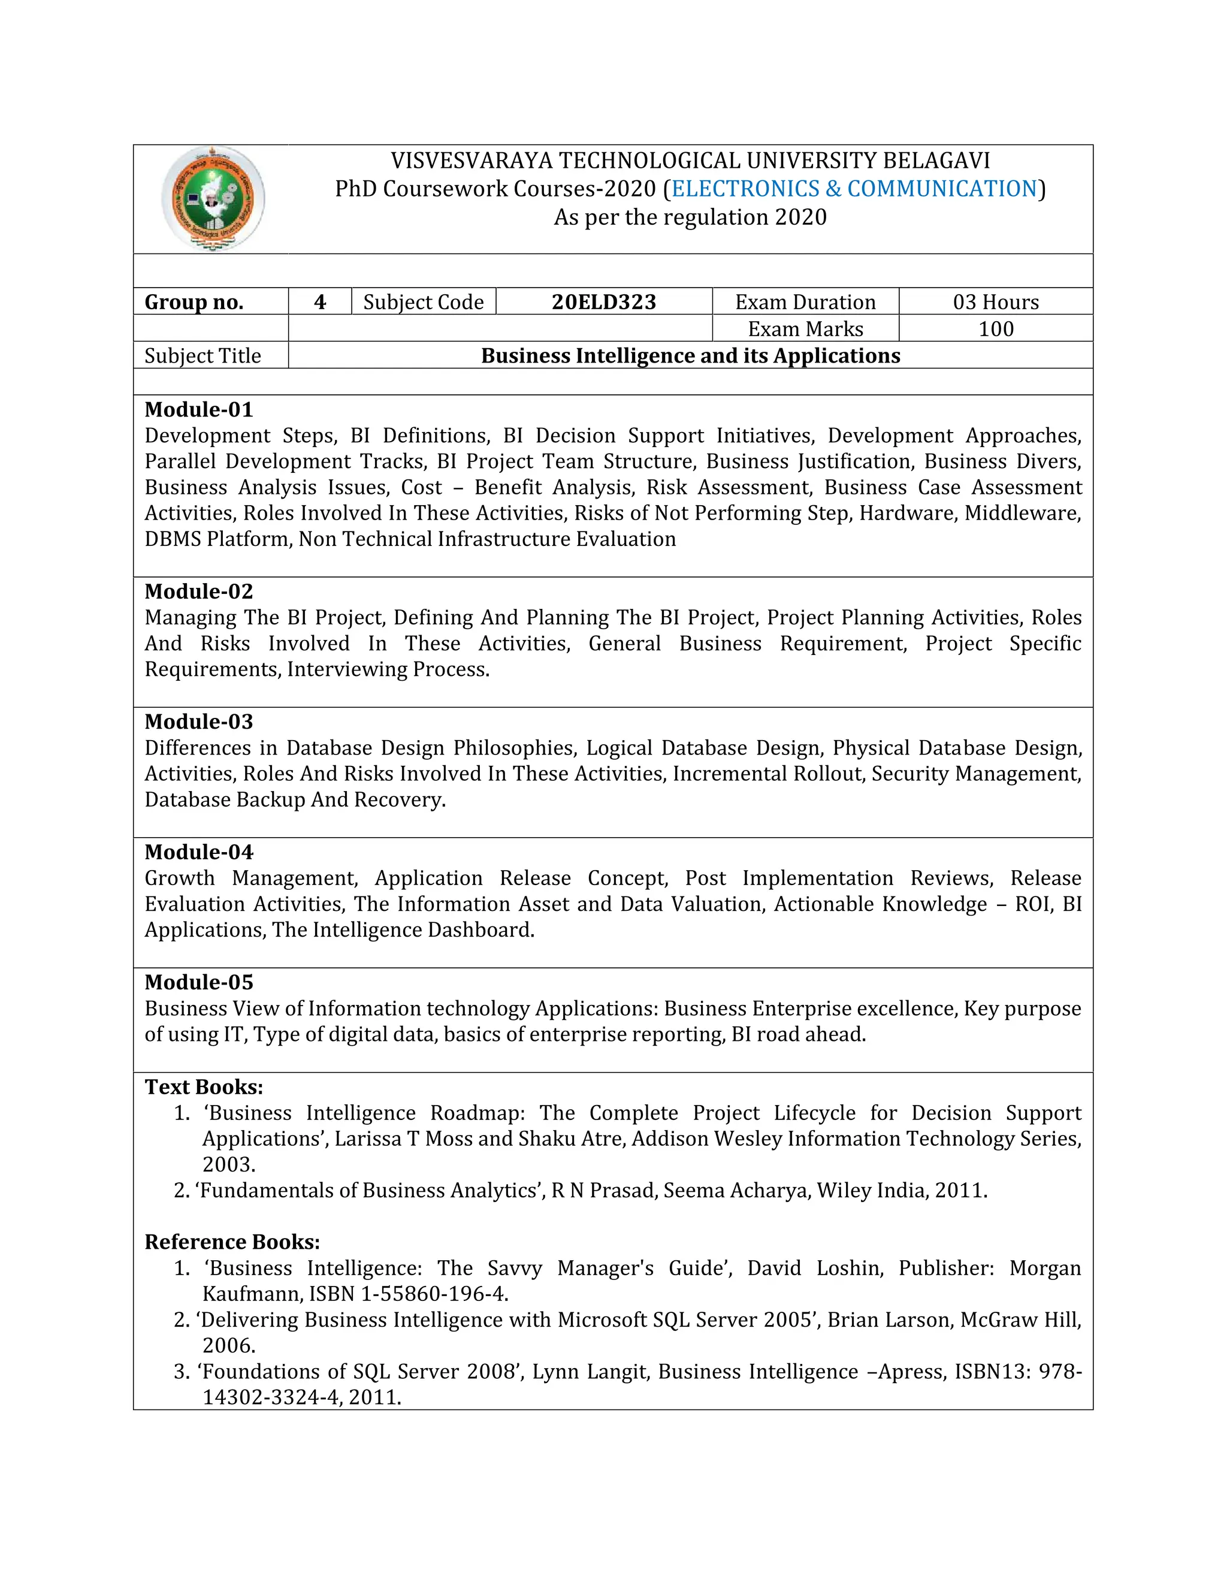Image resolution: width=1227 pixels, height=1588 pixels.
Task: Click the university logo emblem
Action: pos(212,198)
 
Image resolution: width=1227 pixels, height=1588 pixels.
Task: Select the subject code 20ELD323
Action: pos(603,302)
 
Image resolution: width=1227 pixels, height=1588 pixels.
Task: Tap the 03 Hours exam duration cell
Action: pos(995,302)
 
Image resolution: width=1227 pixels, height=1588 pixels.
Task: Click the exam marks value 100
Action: pos(995,328)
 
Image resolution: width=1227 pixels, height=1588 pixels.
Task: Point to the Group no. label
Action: pos(194,302)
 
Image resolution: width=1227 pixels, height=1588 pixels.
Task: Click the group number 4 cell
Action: pos(319,302)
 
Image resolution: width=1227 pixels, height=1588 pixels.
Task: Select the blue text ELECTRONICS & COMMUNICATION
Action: pos(854,188)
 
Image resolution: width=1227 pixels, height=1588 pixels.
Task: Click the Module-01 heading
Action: pos(198,409)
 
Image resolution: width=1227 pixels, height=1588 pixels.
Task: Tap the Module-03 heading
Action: pos(198,721)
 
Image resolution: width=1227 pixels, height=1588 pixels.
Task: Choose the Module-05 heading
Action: pos(198,982)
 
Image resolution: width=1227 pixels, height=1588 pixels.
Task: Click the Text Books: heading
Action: pos(204,1086)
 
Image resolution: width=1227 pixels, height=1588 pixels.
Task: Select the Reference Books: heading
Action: pos(232,1241)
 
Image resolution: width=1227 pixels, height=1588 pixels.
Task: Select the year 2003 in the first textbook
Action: pos(228,1164)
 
